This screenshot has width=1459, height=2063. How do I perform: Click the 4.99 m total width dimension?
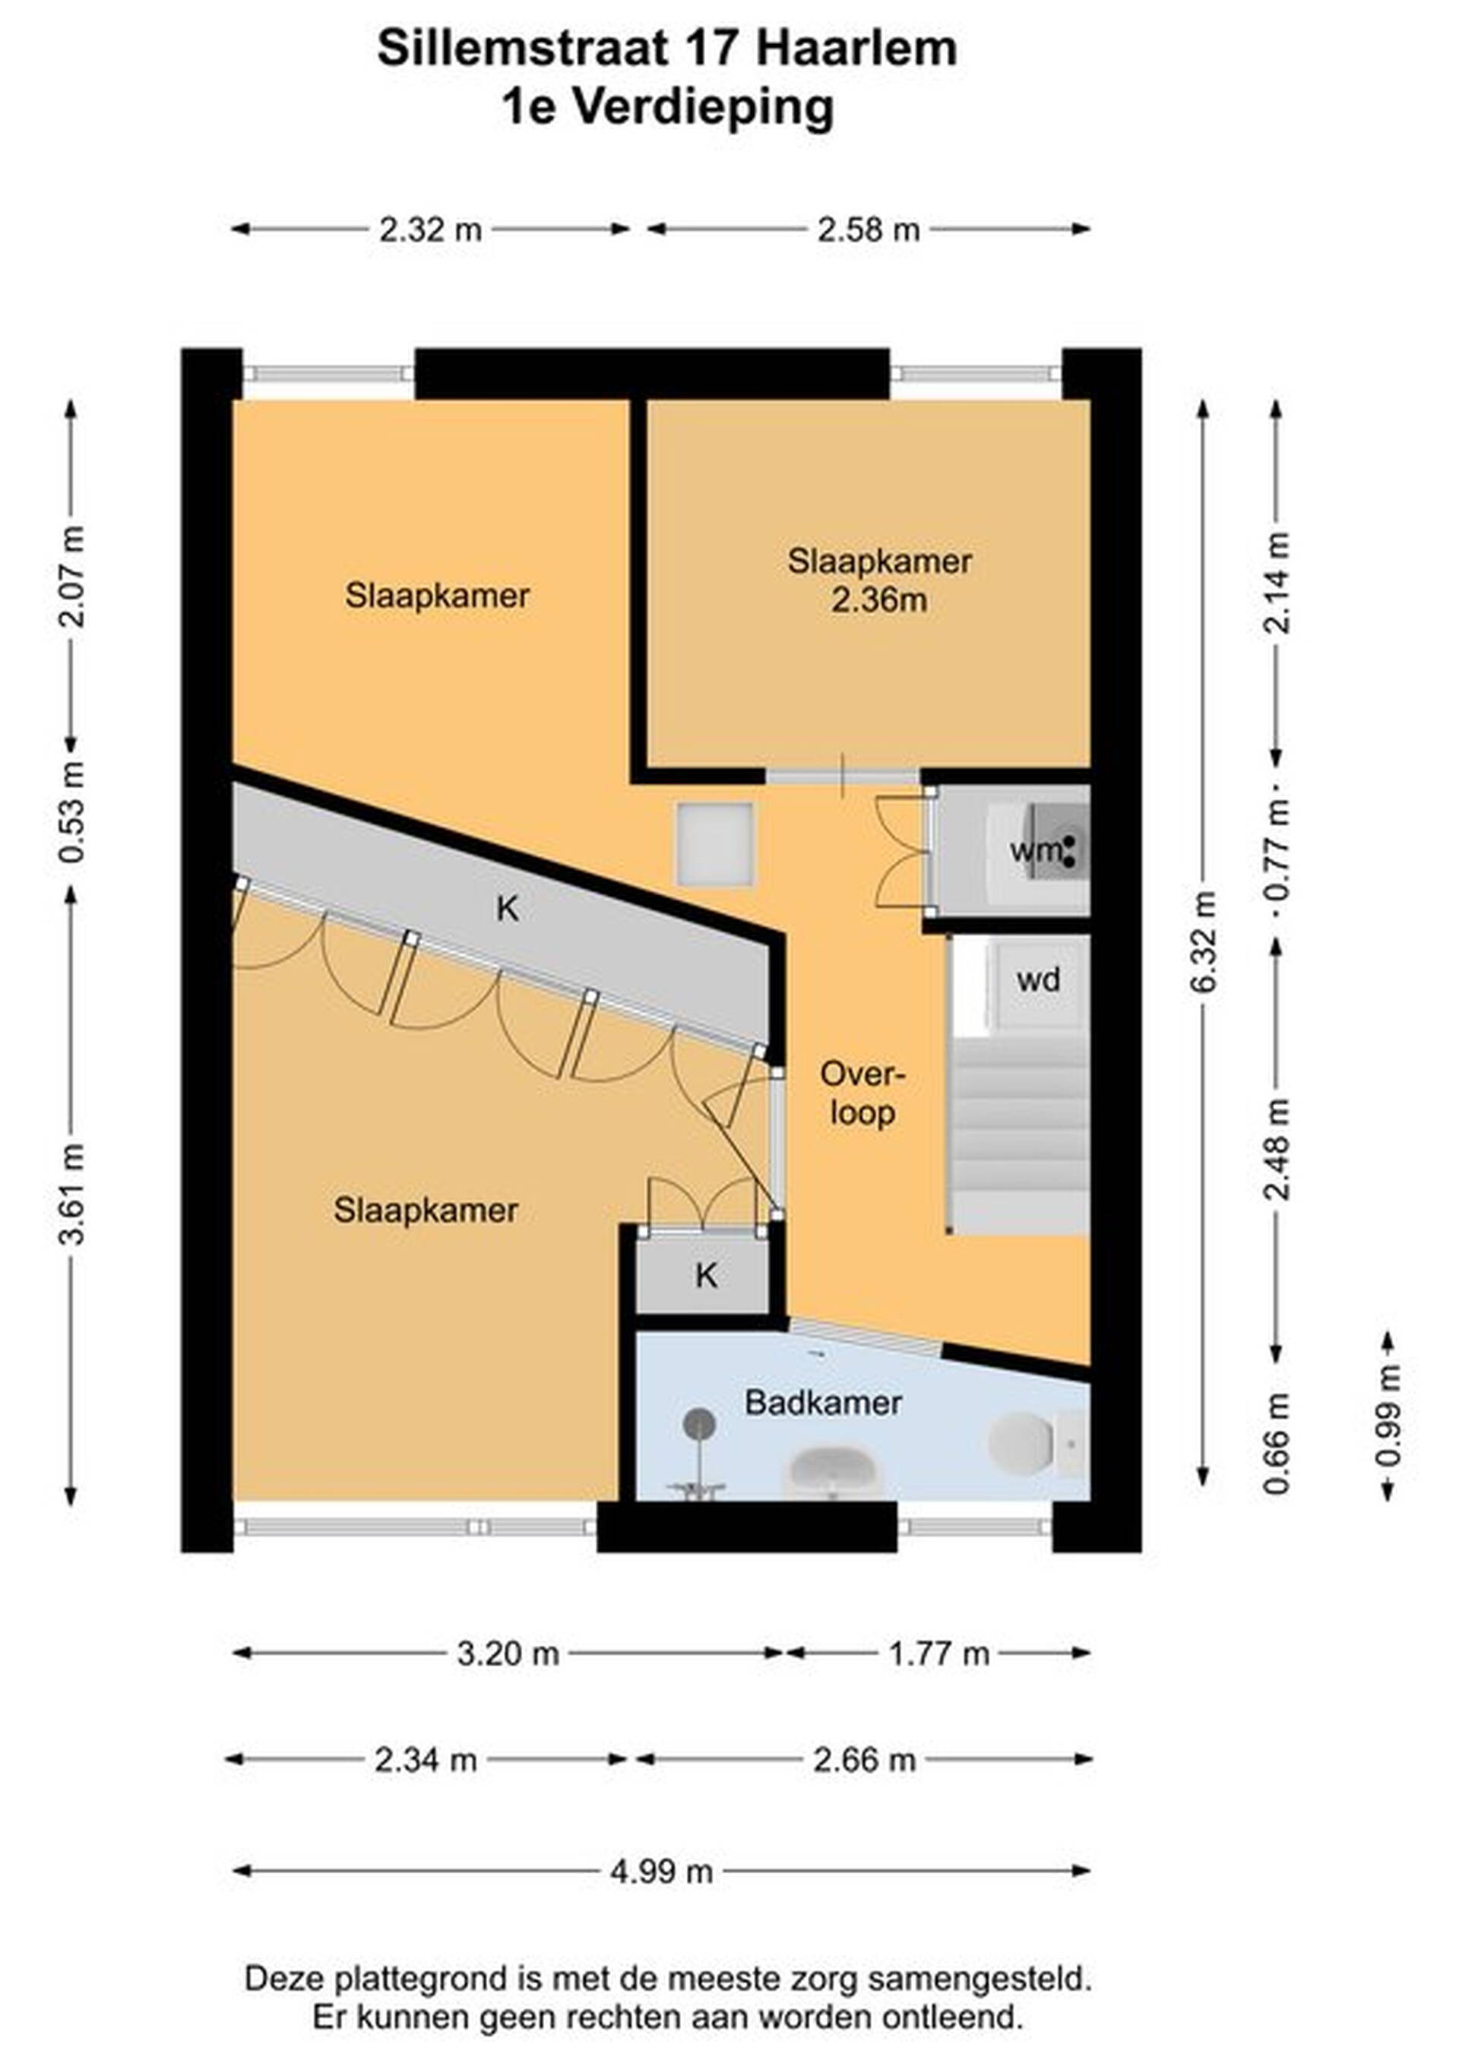tap(661, 1872)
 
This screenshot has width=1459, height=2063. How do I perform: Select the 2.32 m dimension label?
tap(430, 230)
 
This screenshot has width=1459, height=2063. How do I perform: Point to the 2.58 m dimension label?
tap(869, 230)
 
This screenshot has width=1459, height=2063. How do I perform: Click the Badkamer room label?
tap(823, 1403)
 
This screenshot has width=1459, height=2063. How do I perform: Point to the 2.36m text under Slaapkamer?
tap(878, 600)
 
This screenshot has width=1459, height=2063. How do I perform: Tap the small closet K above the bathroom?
tap(704, 1274)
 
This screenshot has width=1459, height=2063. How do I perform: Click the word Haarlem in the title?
tap(856, 49)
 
